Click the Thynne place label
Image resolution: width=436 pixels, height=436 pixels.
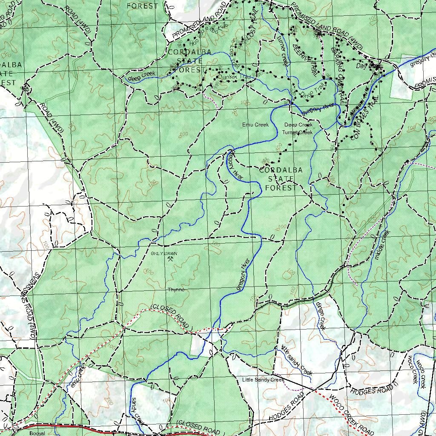click(x=176, y=290)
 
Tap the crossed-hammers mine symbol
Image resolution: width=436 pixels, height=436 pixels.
click(x=171, y=258)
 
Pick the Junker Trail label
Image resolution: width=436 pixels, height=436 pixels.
click(x=232, y=77)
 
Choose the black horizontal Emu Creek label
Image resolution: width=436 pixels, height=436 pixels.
click(x=255, y=125)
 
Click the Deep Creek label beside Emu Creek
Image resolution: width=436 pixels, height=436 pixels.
click(x=298, y=125)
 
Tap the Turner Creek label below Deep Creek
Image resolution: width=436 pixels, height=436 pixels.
click(x=297, y=132)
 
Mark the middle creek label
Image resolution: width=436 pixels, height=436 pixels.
click(x=382, y=245)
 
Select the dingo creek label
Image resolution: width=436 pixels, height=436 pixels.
click(x=321, y=316)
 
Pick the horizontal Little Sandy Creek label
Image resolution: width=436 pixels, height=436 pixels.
click(x=263, y=379)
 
